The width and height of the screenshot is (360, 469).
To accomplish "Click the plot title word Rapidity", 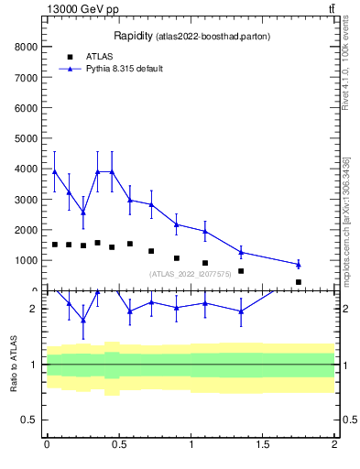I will coord(133,36).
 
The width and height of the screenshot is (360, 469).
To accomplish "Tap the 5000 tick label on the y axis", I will coord(26,138).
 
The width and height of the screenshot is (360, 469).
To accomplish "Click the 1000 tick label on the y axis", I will coord(26,260).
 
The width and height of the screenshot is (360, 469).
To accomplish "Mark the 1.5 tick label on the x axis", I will coord(263,445).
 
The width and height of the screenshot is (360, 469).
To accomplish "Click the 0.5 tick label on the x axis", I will coord(118,445).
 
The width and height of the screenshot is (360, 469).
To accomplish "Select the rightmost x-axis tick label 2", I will coord(334,445).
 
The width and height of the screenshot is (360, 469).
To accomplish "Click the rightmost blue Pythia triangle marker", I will coord(299,265).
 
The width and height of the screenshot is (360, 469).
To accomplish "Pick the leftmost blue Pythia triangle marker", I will coord(55,171).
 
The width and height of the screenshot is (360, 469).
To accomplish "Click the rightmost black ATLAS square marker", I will coord(299,282).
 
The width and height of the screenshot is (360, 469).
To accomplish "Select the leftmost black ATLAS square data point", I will coord(55,245).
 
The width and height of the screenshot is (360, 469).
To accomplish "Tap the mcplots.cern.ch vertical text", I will coord(346,220).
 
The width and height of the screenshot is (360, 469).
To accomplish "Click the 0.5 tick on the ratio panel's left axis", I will coord(30,420).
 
